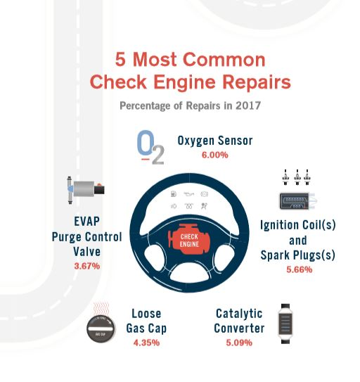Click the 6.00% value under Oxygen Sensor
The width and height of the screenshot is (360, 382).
tap(215, 155)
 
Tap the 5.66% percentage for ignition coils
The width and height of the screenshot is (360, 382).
tap(299, 269)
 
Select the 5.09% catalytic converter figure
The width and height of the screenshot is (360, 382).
tap(239, 343)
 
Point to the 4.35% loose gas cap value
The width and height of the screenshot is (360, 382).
tap(146, 343)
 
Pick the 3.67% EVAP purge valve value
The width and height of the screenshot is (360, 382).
tap(87, 266)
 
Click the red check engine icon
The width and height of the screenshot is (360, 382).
tap(188, 240)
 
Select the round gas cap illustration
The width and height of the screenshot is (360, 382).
tap(101, 329)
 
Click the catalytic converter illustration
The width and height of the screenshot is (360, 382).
tap(285, 324)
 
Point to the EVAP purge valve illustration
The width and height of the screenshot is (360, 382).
tap(86, 189)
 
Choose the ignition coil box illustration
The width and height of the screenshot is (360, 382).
tap(297, 201)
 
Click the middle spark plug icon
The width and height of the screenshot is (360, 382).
tap(297, 177)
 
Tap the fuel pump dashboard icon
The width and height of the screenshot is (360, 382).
tap(173, 194)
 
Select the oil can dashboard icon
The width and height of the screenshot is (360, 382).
tap(188, 194)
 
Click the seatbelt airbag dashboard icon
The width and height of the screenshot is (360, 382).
tap(204, 206)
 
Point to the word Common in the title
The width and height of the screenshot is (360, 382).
tap(224, 59)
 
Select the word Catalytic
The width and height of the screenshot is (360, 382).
tap(239, 314)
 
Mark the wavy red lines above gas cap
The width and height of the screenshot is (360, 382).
tap(101, 309)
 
